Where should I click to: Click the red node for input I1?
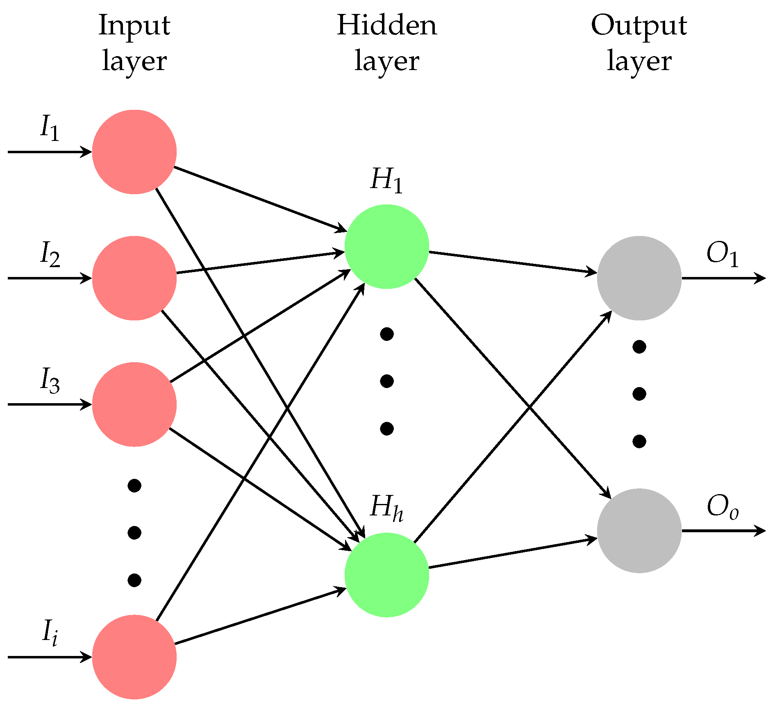pos(134,152)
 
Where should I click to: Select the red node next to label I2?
pos(134,278)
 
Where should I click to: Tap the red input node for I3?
pos(134,404)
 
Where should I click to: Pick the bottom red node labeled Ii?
pos(134,657)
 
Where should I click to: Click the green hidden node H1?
pos(387,247)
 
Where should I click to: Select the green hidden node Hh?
pos(387,575)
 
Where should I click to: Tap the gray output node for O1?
pos(639,278)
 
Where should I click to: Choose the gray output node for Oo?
pos(639,531)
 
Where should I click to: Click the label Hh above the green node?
pos(386,508)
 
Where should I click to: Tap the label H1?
pos(386,180)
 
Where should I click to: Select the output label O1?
pos(723,255)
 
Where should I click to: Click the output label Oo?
pos(723,507)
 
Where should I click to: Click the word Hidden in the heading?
pos(387,25)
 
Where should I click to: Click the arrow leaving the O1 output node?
pos(723,278)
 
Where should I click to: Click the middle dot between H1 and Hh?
pos(387,381)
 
